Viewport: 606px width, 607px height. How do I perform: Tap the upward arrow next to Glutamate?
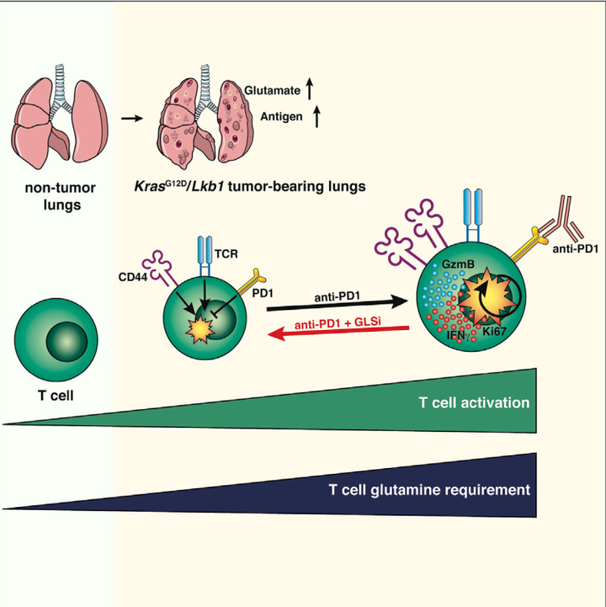310,87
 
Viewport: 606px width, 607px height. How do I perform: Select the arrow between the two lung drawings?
130,118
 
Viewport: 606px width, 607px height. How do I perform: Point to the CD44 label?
134,272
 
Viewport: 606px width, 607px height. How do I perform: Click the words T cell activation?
473,402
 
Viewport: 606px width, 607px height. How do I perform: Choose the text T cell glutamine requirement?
429,489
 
